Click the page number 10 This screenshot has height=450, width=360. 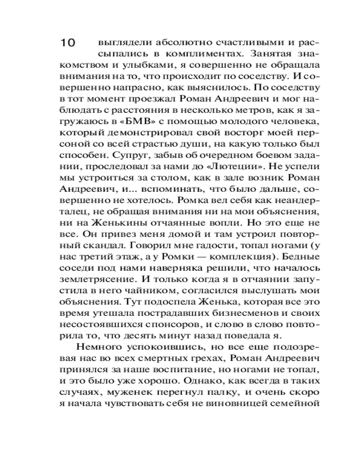click(x=69, y=44)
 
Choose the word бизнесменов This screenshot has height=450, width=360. click(x=252, y=311)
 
